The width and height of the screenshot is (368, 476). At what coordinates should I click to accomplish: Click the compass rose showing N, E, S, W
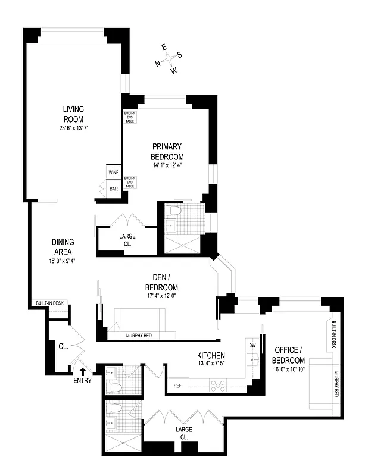tap(171, 59)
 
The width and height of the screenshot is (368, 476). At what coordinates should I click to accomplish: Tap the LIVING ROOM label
tap(74, 113)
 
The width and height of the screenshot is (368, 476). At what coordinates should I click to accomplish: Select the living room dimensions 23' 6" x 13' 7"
tap(74, 128)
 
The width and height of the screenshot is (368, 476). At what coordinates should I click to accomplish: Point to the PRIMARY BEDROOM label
tap(167, 151)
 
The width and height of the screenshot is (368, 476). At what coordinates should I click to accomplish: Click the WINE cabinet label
tap(113, 173)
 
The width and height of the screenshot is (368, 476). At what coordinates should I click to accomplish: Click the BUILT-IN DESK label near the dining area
tap(50, 303)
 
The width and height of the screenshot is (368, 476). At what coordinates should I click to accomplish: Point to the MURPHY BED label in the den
tap(139, 336)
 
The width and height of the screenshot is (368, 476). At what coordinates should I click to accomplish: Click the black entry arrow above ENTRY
tap(82, 372)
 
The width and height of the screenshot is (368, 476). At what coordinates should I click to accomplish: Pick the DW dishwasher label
tap(252, 345)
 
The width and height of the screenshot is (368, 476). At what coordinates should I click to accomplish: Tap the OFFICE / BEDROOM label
tap(289, 355)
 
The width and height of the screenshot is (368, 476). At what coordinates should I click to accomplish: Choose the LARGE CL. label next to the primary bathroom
tap(127, 240)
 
